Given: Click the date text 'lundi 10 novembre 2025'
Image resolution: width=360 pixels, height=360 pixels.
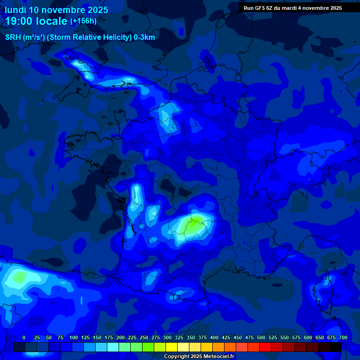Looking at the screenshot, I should click(x=56, y=10).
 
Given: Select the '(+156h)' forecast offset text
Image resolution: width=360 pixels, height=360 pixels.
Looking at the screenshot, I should click(x=83, y=21).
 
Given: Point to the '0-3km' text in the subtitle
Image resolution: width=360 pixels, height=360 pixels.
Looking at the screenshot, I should click(x=144, y=37).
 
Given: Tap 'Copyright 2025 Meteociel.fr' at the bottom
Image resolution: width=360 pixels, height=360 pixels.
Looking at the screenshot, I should click(x=199, y=357).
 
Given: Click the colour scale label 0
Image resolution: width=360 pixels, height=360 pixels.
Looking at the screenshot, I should click(x=24, y=337).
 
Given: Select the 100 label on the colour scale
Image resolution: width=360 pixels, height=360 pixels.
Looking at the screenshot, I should click(x=73, y=337).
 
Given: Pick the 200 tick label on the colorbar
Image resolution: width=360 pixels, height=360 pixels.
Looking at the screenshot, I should click(x=120, y=337).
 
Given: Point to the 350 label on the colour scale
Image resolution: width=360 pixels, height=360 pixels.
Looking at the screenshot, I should click(x=191, y=337).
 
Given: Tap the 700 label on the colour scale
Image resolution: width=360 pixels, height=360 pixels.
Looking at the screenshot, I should click(x=343, y=337).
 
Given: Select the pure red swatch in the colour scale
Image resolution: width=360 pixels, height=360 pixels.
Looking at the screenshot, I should click(x=265, y=347).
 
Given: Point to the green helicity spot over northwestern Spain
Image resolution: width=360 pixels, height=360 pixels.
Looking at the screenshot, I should click(x=19, y=277).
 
